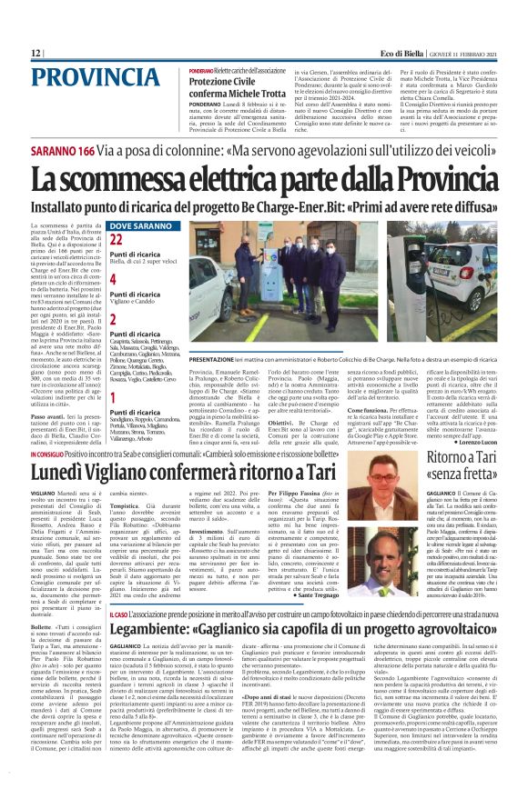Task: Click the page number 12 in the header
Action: pyautogui.click(x=36, y=54)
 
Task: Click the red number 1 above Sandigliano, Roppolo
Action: pyautogui.click(x=113, y=397)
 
